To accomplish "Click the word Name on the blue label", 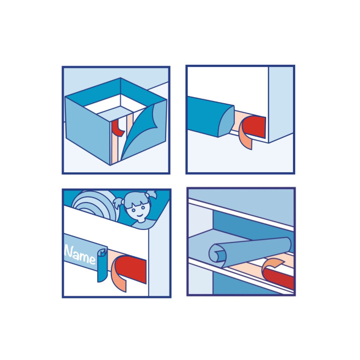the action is [x=80, y=255].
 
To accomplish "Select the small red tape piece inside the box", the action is [x=117, y=128].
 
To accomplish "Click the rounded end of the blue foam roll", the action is [x=226, y=122].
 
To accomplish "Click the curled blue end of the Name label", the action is [x=102, y=265].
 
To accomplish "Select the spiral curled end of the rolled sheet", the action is [x=216, y=255].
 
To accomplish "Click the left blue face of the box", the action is [x=88, y=130].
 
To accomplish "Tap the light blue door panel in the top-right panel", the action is [x=280, y=104].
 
